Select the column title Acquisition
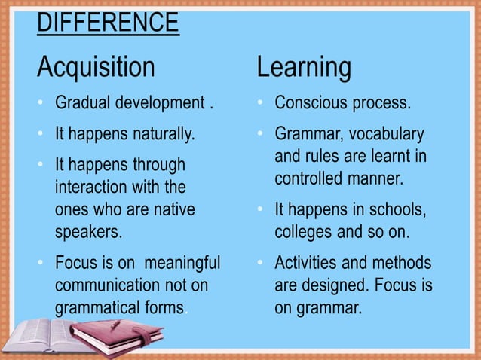[95, 67]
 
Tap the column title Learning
[304, 67]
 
